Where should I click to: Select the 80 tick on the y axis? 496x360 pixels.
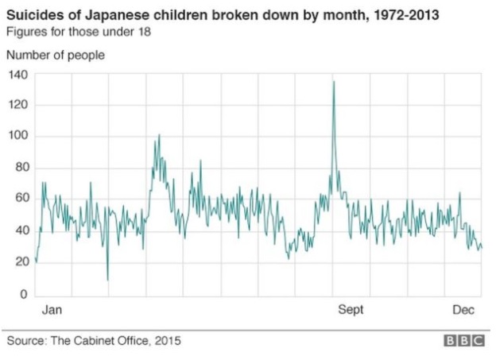click(20, 168)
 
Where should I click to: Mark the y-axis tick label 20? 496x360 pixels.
click(20, 263)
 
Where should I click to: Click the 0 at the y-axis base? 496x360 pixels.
click(24, 295)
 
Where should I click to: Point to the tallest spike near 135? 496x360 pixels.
click(333, 82)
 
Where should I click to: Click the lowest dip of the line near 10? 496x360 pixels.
click(107, 280)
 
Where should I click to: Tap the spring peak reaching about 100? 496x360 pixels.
click(159, 135)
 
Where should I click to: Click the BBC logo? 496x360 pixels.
click(463, 341)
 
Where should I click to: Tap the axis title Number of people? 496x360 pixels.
click(56, 55)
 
